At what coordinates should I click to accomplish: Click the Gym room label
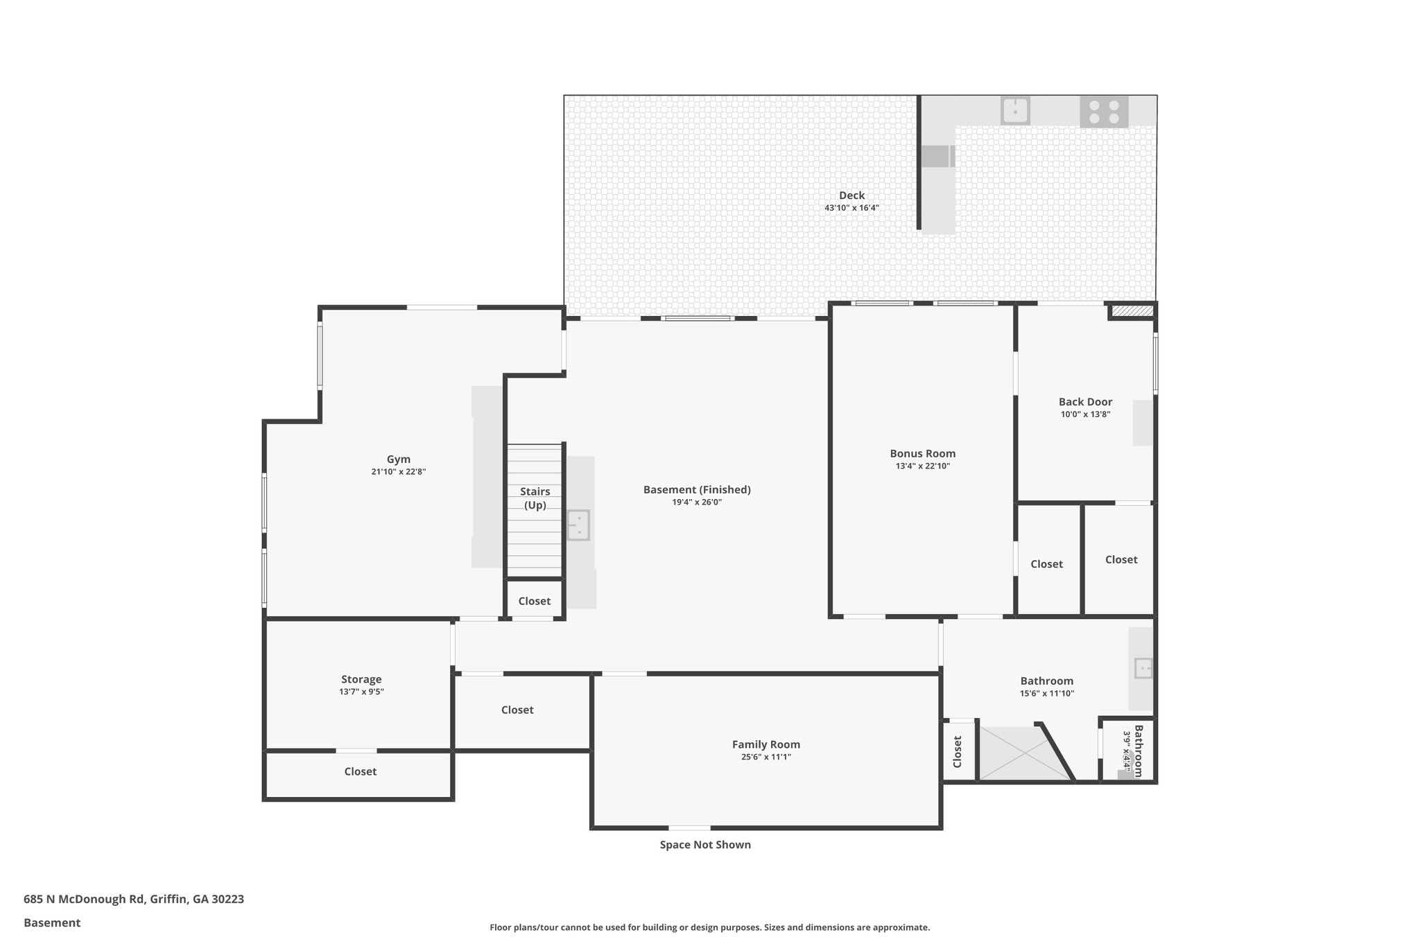tap(398, 459)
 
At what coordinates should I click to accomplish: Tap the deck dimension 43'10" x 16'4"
tap(851, 208)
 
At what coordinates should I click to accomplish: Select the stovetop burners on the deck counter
tap(1104, 112)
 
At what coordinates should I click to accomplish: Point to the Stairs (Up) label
tap(535, 498)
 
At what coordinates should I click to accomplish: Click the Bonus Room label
tap(922, 454)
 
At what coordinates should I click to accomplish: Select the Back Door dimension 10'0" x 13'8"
tap(1085, 414)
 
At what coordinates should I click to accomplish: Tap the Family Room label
tap(765, 744)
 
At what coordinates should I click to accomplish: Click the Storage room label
tap(361, 679)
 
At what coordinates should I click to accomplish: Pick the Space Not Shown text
tap(704, 844)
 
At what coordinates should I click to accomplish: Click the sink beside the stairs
tap(578, 525)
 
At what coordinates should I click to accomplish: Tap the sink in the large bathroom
tap(1143, 668)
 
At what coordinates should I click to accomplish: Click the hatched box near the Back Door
tap(1132, 311)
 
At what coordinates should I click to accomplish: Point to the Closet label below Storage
tap(360, 771)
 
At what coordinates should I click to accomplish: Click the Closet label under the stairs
tap(534, 601)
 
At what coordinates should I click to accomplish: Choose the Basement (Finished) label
tap(696, 489)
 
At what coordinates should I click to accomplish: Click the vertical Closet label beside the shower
tap(958, 751)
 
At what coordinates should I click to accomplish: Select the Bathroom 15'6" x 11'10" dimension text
tap(1046, 693)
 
